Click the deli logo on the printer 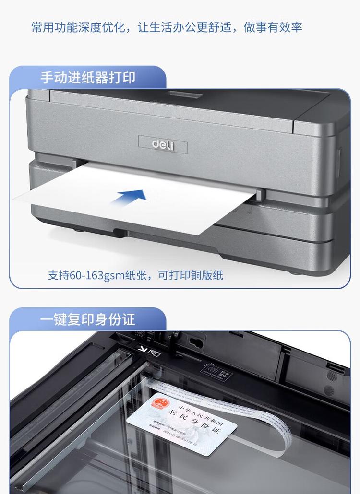[163, 144]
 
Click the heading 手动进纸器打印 [87, 78]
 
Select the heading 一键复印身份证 [87, 319]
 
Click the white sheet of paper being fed [144, 201]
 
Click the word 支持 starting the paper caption [59, 275]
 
